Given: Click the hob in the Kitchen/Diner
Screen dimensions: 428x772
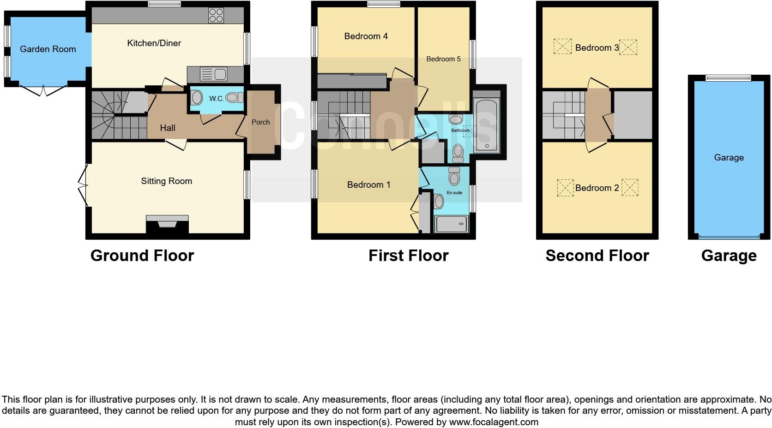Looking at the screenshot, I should point(216,15).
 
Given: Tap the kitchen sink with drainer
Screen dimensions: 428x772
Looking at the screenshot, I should point(214,74).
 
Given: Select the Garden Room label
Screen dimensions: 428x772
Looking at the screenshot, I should point(48,49).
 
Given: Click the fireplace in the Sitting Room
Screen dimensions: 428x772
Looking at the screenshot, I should point(167,225).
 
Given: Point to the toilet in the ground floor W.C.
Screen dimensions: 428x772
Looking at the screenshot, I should point(235,97).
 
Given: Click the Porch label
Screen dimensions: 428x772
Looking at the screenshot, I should point(260,122).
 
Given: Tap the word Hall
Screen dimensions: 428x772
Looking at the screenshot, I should point(168,128).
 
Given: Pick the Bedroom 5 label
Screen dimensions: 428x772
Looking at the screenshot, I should point(443,59).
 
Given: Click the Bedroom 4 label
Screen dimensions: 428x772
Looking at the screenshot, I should point(366,36).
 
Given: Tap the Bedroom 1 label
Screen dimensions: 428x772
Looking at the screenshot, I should point(368,185).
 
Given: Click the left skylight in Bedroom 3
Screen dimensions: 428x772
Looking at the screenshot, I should point(562,47).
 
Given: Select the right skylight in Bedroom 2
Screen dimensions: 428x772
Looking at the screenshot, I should point(630,188).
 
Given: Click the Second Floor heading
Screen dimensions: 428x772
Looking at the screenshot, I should point(597,256).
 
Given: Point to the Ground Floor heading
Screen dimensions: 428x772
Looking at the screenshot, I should point(142,256).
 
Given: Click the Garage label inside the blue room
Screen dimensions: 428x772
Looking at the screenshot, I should point(729,158).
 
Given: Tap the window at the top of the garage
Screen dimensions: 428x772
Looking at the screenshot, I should point(729,78).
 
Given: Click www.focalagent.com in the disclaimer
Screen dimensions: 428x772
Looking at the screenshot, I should point(494,422).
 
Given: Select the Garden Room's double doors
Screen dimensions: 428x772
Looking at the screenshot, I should point(42,90).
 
